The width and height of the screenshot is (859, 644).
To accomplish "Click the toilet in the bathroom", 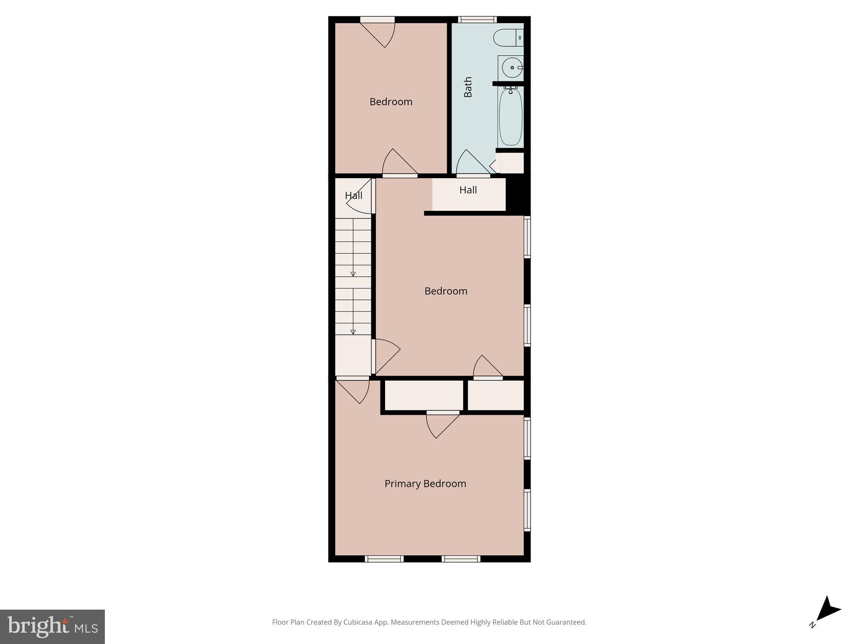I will (x=508, y=38).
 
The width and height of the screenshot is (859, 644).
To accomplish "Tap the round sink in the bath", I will (x=511, y=68).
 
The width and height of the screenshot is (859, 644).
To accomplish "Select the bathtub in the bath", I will (x=510, y=117).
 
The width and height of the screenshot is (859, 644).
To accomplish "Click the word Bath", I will (x=468, y=87).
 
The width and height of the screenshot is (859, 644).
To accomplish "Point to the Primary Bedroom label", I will (x=425, y=483).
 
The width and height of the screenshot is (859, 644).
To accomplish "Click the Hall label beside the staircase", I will (x=353, y=195).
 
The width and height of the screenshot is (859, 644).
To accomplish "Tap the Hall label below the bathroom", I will (x=468, y=190).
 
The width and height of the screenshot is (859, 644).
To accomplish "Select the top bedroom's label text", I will (x=390, y=101).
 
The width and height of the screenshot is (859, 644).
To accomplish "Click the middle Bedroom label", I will (x=445, y=291).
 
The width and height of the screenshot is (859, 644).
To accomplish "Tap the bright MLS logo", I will (x=52, y=626).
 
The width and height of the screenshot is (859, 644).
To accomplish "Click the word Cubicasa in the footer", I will (x=359, y=622).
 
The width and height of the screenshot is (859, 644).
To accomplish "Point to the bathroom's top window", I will (x=477, y=19).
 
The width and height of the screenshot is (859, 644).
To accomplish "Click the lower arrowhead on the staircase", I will (x=353, y=332).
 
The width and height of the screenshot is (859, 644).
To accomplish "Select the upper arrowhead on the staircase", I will (x=353, y=274).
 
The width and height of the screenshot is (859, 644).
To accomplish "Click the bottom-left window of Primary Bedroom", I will (x=384, y=558).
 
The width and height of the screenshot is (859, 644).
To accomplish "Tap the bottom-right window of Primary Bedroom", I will (x=461, y=558).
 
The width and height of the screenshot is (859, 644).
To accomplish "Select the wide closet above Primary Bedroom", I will (x=424, y=395).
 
